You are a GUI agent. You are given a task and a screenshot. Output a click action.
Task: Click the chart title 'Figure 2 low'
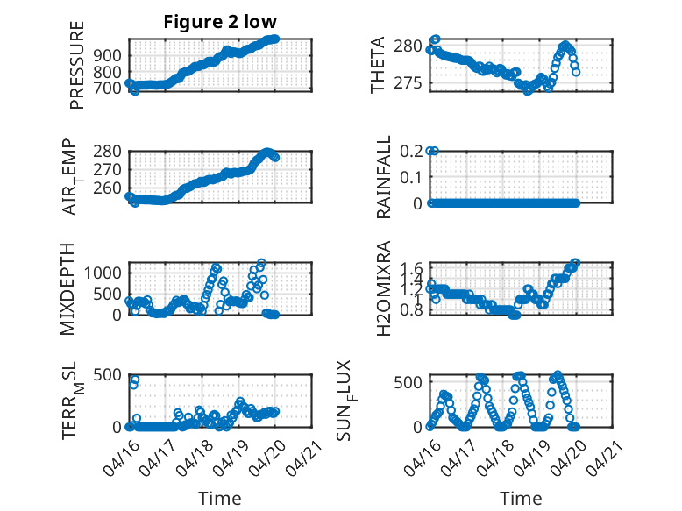point(220,22)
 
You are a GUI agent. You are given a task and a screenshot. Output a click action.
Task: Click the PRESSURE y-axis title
point(76,65)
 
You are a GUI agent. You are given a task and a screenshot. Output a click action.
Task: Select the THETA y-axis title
point(378,65)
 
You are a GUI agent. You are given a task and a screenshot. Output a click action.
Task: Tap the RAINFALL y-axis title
point(384,177)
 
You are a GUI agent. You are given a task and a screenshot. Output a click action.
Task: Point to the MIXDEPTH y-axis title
point(67,289)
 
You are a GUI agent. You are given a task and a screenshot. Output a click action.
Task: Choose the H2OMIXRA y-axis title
point(384,288)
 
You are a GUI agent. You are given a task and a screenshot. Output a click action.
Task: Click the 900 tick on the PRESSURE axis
point(108,56)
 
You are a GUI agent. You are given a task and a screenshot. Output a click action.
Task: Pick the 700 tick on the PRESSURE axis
point(108,89)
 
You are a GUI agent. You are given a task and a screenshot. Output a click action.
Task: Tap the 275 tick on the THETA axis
point(408,83)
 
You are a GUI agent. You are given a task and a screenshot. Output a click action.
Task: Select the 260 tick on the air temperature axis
point(108,188)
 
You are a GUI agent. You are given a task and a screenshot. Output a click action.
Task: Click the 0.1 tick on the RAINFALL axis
point(411,177)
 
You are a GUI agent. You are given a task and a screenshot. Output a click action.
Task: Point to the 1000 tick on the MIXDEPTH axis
point(103,273)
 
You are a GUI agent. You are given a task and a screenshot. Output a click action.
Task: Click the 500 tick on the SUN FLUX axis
point(408,382)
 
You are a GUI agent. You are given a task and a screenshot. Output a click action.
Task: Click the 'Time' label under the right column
point(521,499)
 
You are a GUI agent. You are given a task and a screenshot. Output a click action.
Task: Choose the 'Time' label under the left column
point(220,499)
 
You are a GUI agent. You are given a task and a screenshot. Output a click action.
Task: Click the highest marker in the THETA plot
point(436,39)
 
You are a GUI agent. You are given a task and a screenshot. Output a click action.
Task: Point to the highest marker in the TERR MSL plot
point(135,380)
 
